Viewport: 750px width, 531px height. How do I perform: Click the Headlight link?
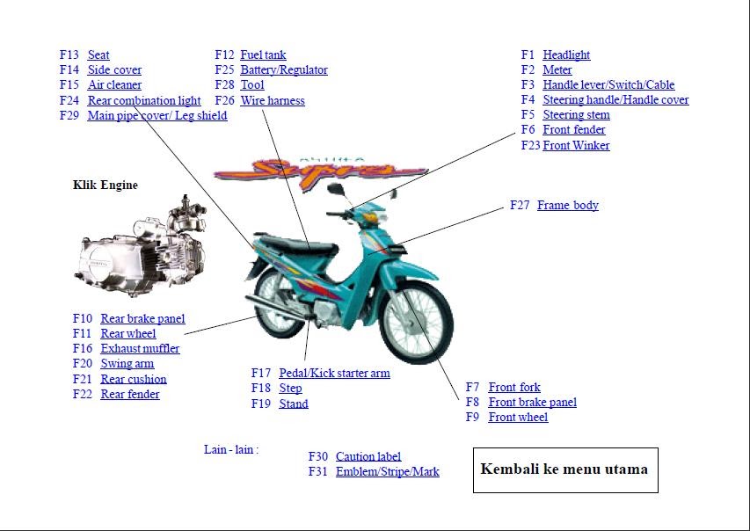(566, 55)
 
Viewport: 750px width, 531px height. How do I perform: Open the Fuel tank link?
(263, 55)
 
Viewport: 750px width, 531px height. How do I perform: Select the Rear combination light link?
(144, 100)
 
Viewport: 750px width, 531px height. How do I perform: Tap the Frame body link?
(567, 205)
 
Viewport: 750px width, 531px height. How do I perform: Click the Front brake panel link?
(532, 402)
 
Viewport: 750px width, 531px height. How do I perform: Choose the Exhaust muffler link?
(140, 348)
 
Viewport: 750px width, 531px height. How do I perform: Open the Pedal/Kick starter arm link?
(334, 373)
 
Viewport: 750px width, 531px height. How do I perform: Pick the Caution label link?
(368, 456)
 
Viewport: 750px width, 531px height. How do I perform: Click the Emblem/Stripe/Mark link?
(387, 471)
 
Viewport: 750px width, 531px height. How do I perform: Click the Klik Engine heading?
(106, 185)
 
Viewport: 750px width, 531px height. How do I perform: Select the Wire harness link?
(273, 100)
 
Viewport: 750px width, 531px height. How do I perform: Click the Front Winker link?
(576, 145)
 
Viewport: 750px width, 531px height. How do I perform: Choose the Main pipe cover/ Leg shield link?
(157, 115)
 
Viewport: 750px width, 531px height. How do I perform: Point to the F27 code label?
(520, 205)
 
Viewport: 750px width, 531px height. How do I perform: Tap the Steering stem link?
(576, 114)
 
